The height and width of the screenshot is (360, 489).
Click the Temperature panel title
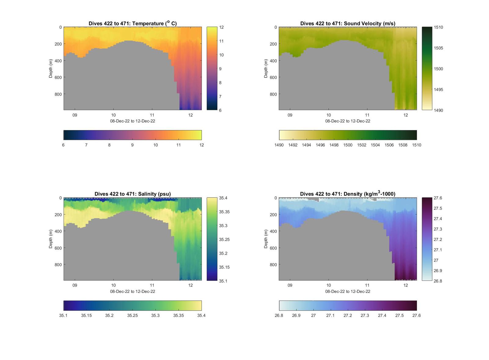(x=132, y=24)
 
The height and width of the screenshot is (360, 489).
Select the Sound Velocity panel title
(x=347, y=24)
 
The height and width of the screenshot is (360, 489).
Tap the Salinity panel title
(x=132, y=194)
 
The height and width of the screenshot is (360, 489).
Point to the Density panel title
(x=347, y=194)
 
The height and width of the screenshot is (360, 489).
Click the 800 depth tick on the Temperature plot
(x=58, y=94)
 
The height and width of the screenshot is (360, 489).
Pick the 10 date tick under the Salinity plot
(x=113, y=285)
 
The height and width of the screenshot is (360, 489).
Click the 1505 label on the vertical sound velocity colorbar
(x=438, y=48)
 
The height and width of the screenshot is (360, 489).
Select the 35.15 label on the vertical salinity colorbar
(x=224, y=267)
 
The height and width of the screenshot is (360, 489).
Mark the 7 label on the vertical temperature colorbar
(x=220, y=96)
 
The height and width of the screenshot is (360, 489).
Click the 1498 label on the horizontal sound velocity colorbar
(x=334, y=145)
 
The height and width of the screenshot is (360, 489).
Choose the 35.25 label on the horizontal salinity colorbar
(x=132, y=315)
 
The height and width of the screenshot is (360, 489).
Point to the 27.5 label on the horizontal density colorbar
(x=399, y=315)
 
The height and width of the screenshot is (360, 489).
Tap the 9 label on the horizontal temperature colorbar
(x=132, y=145)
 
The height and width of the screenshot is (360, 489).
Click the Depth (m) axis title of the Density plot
(x=266, y=239)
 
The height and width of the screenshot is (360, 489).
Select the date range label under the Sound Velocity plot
(x=347, y=121)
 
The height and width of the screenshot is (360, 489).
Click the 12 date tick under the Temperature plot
(x=190, y=115)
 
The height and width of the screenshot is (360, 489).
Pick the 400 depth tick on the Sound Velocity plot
(x=273, y=61)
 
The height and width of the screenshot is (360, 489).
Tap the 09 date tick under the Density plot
(x=290, y=285)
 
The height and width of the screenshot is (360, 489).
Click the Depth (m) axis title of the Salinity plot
(x=50, y=239)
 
